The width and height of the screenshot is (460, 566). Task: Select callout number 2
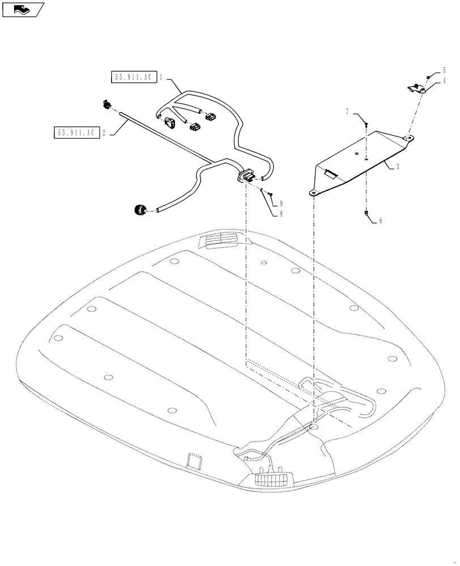pos(104,133)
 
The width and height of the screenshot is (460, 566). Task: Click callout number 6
pos(380,221)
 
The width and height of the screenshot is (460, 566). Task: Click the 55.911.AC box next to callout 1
pos(133,78)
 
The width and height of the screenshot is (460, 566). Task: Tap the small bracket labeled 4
pos(416,88)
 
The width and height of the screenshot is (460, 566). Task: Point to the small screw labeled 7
pos(367,123)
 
